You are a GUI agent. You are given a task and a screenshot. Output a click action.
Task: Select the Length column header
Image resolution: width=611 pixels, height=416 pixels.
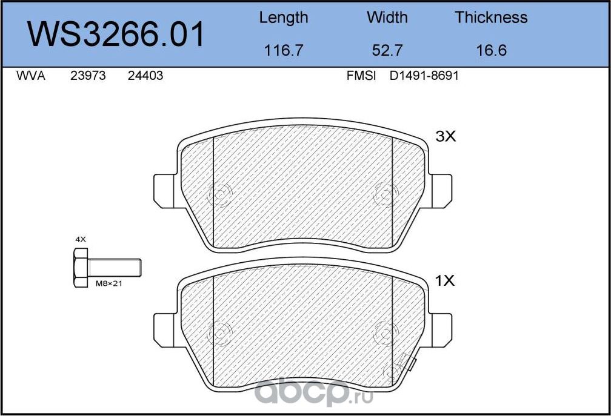284,18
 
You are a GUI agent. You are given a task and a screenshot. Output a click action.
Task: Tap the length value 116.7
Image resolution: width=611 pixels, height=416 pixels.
283,50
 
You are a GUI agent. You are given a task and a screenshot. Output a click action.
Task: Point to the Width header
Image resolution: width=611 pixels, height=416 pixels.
387,18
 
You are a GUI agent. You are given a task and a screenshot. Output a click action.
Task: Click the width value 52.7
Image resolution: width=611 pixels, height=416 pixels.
387,50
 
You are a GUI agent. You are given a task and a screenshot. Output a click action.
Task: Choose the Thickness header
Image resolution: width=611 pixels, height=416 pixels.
491,18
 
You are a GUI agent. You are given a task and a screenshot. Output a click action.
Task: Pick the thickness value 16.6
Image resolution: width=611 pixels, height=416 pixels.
492,50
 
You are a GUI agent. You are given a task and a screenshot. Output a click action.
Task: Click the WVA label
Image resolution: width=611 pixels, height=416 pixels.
31,76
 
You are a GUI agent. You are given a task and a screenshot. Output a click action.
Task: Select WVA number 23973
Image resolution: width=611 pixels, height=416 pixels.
88,76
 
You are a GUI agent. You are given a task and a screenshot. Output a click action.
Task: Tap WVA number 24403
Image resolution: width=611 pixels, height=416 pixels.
145,76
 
